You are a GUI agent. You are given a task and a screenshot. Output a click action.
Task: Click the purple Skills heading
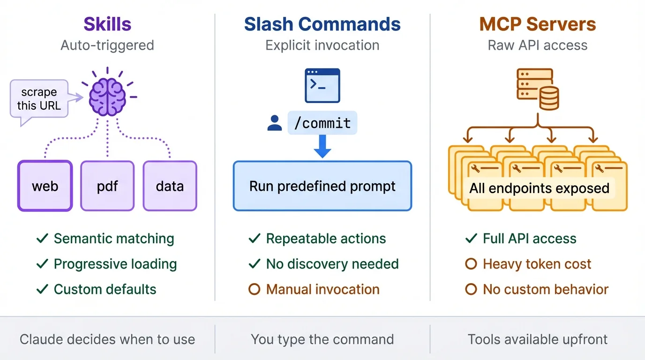pos(107,24)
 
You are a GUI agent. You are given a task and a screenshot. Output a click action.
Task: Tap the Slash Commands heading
pos(322,24)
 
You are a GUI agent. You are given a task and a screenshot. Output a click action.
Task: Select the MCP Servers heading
pos(537,24)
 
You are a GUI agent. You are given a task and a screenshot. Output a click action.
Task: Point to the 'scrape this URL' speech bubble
pos(39,99)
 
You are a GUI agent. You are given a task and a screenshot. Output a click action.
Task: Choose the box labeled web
pos(45,186)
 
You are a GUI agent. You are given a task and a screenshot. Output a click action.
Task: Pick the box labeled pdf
pos(107,186)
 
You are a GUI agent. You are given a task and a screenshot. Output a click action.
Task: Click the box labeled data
pos(170,186)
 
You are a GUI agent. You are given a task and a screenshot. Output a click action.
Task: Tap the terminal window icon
pos(322,85)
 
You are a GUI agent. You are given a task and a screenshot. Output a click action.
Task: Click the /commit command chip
pos(322,123)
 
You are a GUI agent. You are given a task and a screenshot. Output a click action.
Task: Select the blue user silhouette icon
pos(274,123)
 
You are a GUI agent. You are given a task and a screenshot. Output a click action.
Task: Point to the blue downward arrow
pos(322,146)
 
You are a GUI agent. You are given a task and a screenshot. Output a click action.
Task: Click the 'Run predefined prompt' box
pos(322,186)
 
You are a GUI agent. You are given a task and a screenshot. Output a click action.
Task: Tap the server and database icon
pos(537,89)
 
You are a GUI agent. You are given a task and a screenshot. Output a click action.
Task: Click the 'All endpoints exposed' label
pos(539,188)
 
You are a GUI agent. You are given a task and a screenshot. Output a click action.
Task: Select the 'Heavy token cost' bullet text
pos(537,264)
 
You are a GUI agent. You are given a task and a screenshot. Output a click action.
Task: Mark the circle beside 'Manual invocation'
pos(254,289)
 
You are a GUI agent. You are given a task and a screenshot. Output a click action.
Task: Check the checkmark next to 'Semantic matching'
pos(42,239)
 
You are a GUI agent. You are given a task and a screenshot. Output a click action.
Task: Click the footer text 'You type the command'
pos(322,339)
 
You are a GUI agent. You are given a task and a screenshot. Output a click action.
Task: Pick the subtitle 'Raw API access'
pos(537,45)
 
